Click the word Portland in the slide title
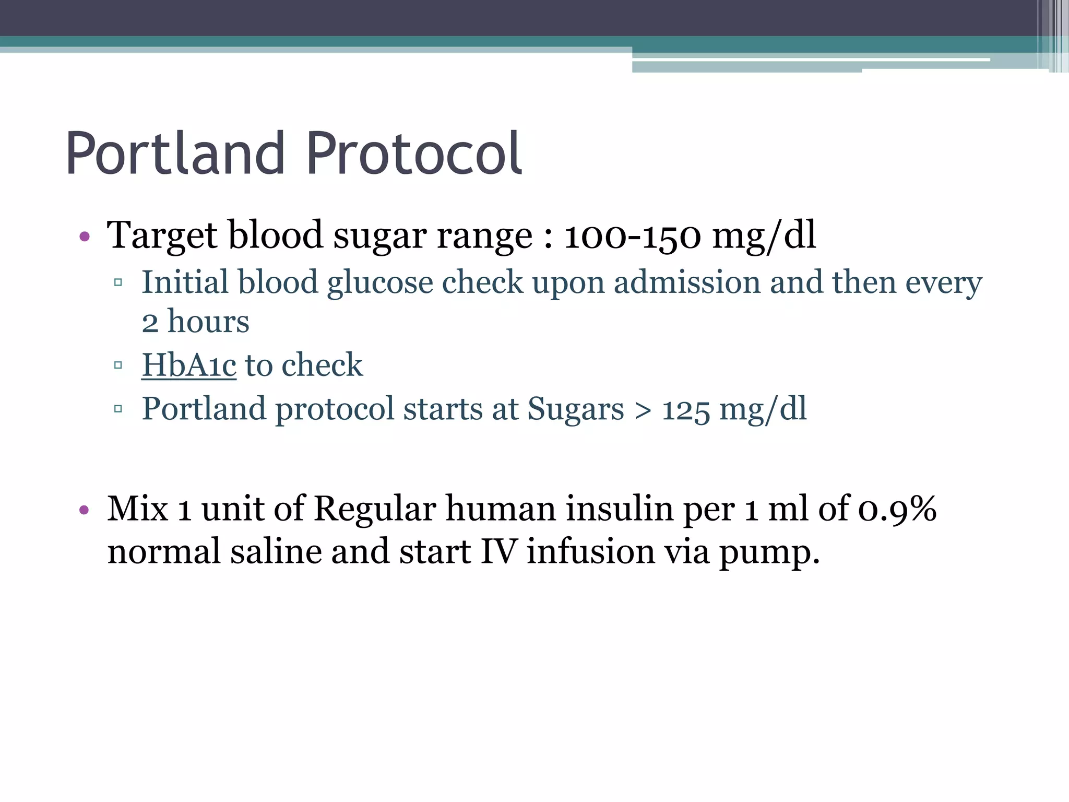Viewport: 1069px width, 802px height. (x=175, y=154)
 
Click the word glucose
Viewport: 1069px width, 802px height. (x=380, y=283)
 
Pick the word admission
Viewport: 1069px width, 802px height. (x=687, y=283)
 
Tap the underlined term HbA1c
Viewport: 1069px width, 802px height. (x=189, y=365)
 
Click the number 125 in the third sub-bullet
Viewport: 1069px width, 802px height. (x=686, y=409)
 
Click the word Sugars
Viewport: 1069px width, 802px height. (x=575, y=409)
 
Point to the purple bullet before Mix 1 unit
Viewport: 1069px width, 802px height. (x=85, y=510)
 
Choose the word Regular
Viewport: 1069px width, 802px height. (x=375, y=509)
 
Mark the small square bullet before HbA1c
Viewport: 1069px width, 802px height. (x=118, y=365)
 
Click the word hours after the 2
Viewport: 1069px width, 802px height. (x=208, y=322)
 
